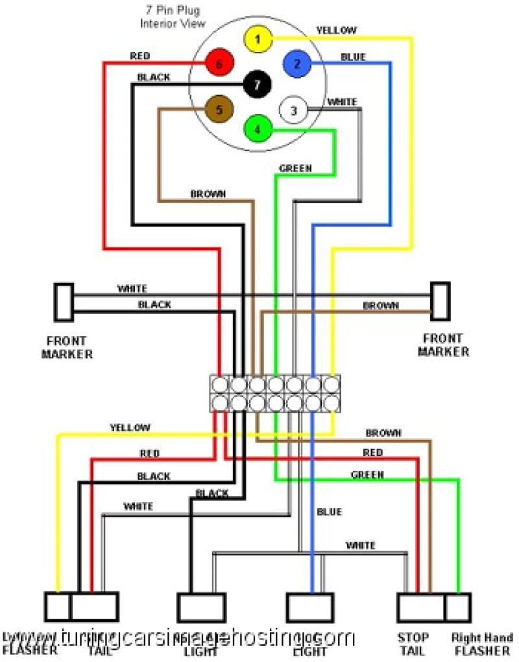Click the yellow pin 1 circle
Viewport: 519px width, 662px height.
click(x=258, y=40)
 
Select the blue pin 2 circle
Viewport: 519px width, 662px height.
click(x=297, y=63)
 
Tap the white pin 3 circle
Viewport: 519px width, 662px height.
click(x=293, y=111)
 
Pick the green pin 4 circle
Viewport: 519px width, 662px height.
click(x=258, y=129)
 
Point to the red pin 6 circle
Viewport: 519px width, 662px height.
click(x=219, y=64)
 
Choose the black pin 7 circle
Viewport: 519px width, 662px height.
click(x=258, y=84)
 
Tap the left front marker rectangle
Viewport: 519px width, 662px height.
click(x=64, y=302)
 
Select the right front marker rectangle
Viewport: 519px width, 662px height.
click(x=441, y=301)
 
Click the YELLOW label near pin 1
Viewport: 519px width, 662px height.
click(x=336, y=30)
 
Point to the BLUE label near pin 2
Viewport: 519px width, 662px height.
click(x=353, y=57)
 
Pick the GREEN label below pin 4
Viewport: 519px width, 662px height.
click(x=295, y=168)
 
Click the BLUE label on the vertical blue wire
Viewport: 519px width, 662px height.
click(x=329, y=512)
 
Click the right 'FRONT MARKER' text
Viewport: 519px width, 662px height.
click(x=443, y=345)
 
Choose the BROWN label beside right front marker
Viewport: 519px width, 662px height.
click(x=381, y=305)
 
